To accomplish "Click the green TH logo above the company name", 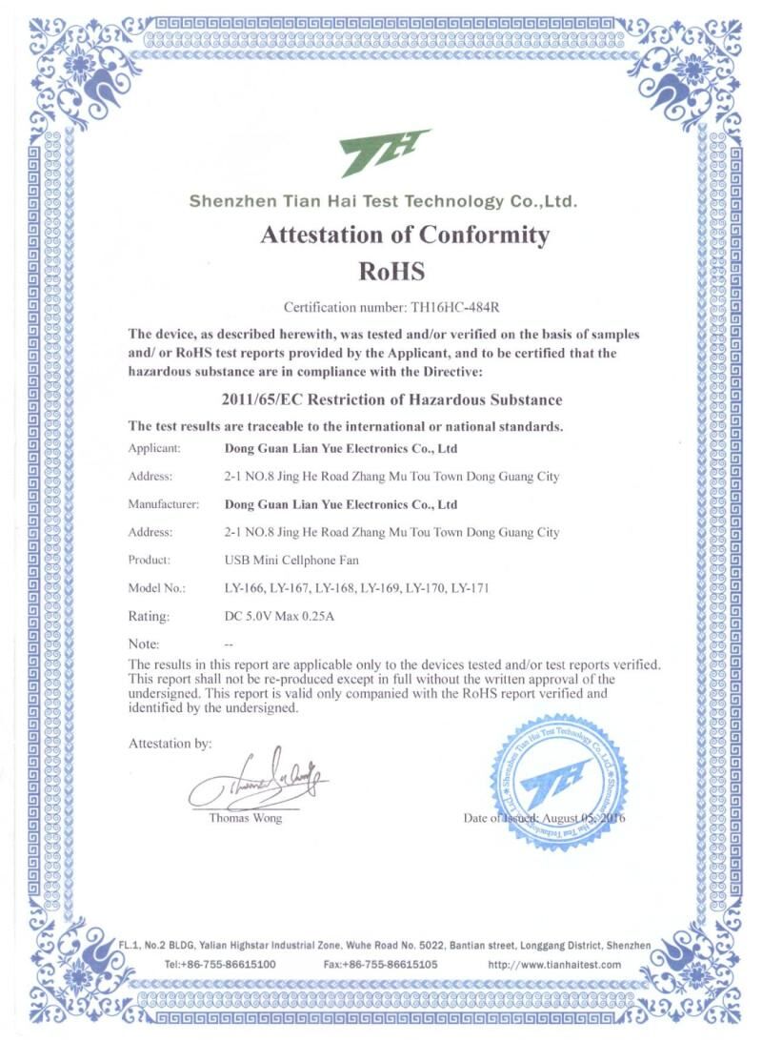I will pos(385,153).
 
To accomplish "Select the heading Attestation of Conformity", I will pos(405,235).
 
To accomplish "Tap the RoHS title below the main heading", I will pos(391,271).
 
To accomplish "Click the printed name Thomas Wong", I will pos(245,818).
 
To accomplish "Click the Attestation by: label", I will pos(170,743).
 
